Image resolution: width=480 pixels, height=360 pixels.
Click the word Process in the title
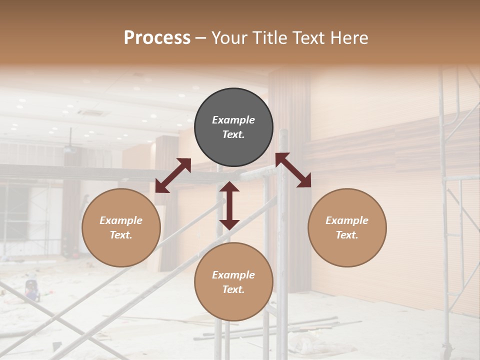click(157, 37)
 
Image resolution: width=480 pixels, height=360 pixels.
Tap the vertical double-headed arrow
click(229, 205)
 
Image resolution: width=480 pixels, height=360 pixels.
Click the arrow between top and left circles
click(173, 175)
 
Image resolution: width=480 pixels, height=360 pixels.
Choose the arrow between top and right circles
click(293, 170)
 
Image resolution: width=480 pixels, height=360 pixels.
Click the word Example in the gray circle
click(233, 120)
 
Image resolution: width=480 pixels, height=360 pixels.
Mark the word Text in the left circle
click(121, 235)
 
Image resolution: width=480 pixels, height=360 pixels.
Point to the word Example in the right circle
click(347, 220)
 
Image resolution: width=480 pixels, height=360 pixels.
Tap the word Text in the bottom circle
click(233, 289)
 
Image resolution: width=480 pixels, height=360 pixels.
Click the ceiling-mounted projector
click(70, 148)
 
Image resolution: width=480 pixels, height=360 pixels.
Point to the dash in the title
click(201, 38)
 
